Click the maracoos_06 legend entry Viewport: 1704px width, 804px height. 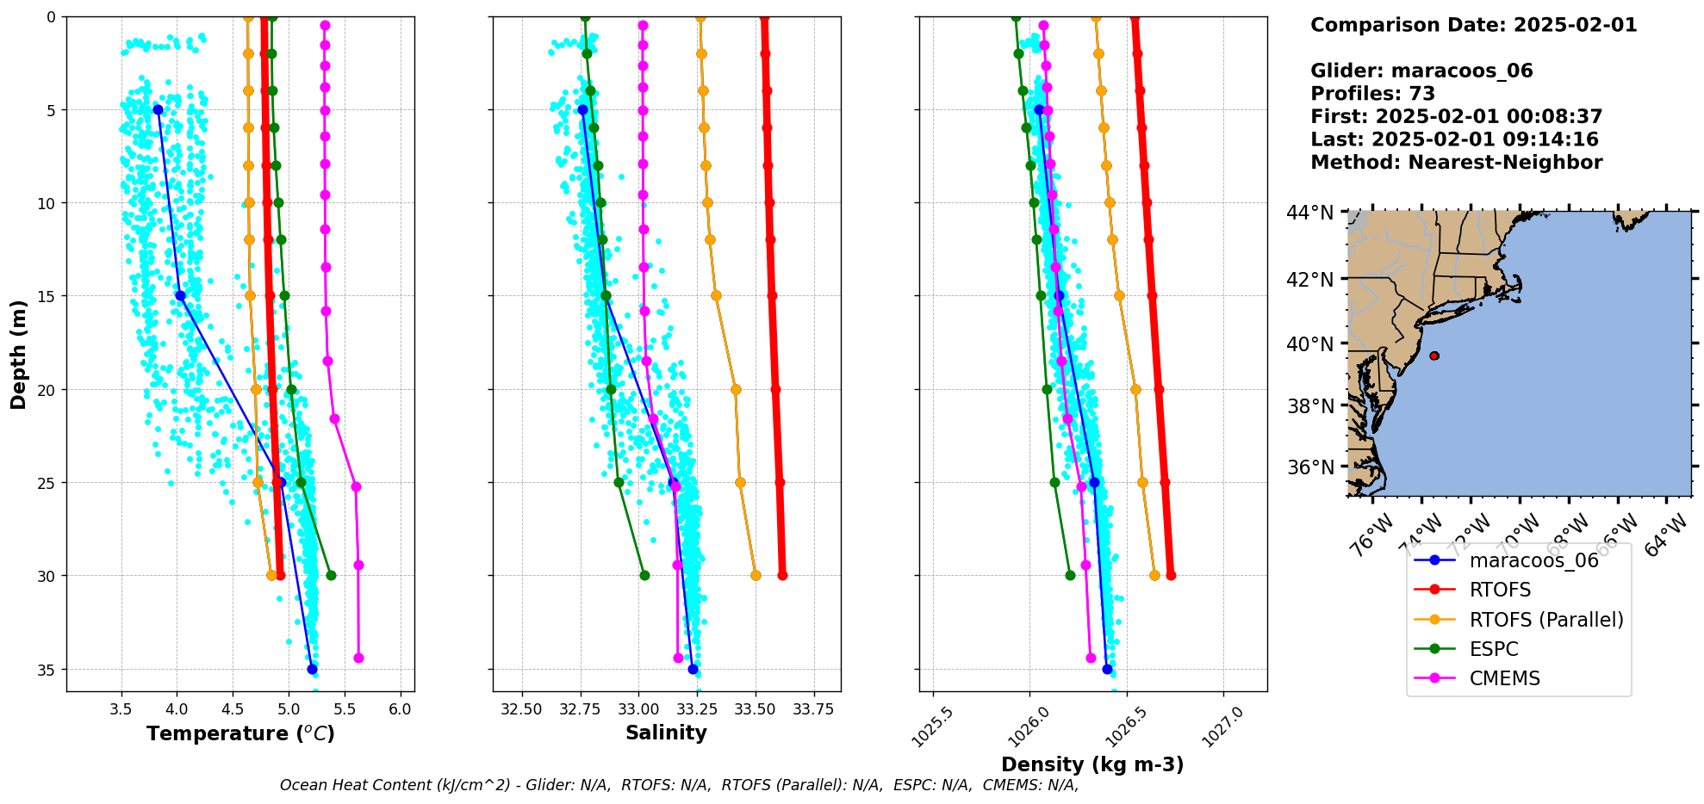pos(1533,560)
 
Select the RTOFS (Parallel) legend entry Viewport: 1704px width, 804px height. pos(1545,620)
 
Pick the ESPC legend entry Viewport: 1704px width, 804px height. pos(1494,649)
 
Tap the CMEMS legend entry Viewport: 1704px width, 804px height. pos(1504,678)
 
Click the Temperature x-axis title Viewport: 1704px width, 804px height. pos(240,733)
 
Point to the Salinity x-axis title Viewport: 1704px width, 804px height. pos(666,733)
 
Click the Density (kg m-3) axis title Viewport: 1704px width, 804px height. pos(1091,764)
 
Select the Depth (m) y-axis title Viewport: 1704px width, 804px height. pos(19,354)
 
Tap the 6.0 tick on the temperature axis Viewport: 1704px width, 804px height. pos(400,710)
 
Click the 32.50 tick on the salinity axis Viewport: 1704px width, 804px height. pos(521,710)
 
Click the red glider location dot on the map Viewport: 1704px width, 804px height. pos(1433,356)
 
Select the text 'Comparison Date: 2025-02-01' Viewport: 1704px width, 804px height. pos(1473,25)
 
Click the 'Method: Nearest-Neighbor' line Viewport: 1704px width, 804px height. pos(1456,163)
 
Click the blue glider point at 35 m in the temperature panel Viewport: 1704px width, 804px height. pos(312,669)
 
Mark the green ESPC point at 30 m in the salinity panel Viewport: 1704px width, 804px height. pos(644,575)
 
